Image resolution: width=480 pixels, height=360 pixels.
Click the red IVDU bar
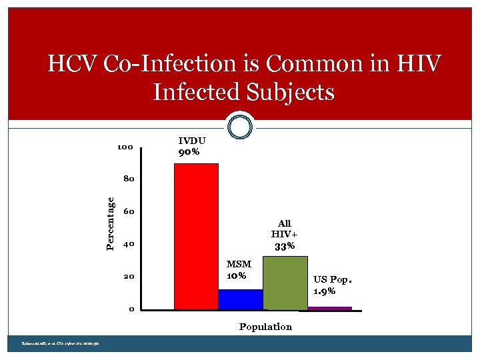click(x=196, y=237)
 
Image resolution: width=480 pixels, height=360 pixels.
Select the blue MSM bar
click(x=241, y=299)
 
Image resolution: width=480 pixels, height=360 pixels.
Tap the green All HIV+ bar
click(x=285, y=283)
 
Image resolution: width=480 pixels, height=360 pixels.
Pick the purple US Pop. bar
click(x=329, y=308)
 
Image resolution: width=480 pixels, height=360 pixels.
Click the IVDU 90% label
click(x=192, y=147)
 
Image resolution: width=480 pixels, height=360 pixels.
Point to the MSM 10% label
click(x=237, y=270)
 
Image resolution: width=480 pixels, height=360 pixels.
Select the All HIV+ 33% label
click(x=285, y=235)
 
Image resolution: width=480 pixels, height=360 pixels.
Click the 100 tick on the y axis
click(x=125, y=147)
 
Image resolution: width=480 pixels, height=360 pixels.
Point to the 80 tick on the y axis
click(x=128, y=179)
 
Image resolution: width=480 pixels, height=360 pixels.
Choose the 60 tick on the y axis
click(x=129, y=212)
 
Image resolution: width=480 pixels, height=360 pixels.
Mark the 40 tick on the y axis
click(x=129, y=244)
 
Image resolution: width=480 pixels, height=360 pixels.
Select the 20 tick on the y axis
click(x=129, y=277)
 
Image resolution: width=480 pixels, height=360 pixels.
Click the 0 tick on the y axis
click(x=132, y=309)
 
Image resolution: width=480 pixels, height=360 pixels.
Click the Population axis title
click(x=265, y=327)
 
